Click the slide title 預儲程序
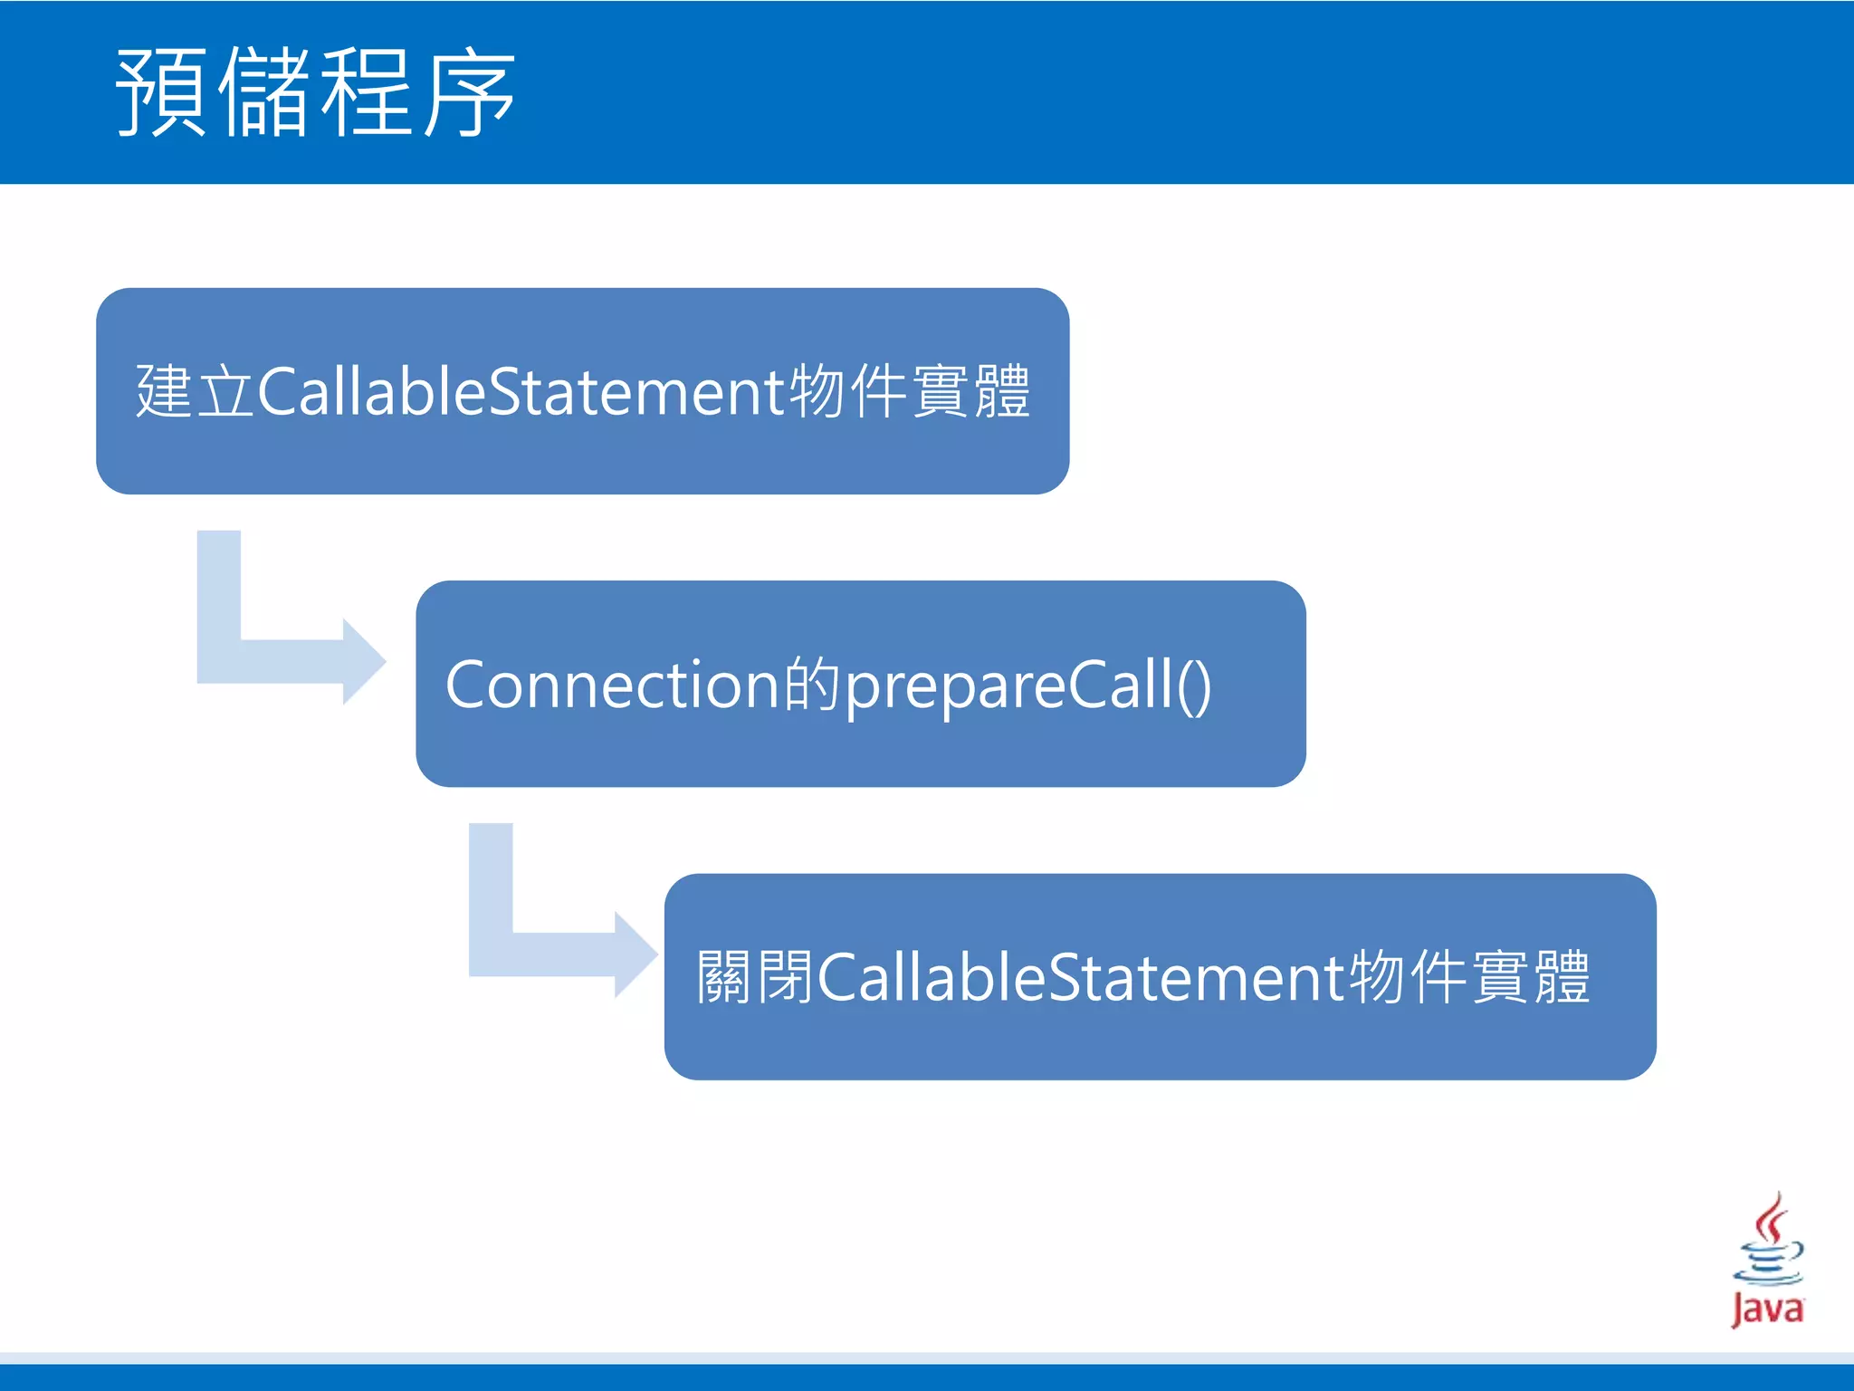click(315, 92)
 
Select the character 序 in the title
click(469, 92)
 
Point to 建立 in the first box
click(194, 391)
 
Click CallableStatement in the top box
click(522, 391)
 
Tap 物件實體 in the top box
click(910, 391)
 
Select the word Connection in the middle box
click(612, 685)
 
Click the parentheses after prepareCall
click(1195, 686)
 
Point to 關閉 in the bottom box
click(755, 977)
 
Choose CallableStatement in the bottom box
click(1082, 977)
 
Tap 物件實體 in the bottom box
click(1469, 977)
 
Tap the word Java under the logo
click(1767, 1309)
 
